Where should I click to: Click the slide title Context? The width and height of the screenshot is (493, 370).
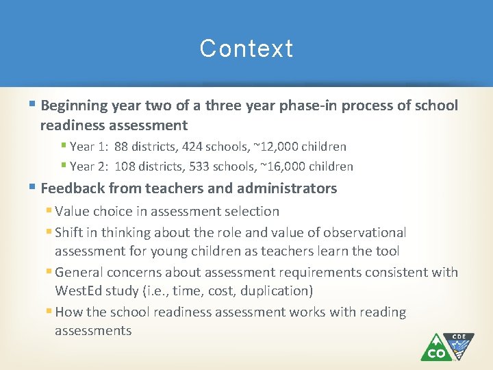[246, 49]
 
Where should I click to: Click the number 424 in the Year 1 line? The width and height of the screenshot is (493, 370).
[194, 147]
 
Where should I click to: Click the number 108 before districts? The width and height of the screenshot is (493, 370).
[125, 166]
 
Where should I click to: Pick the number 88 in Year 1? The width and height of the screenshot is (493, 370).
[122, 147]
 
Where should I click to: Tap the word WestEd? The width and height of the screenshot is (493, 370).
[78, 291]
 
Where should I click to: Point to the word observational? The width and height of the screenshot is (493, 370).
[364, 233]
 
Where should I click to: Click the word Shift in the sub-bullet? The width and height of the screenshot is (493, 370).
[70, 233]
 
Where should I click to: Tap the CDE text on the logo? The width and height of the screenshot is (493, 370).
[459, 337]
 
